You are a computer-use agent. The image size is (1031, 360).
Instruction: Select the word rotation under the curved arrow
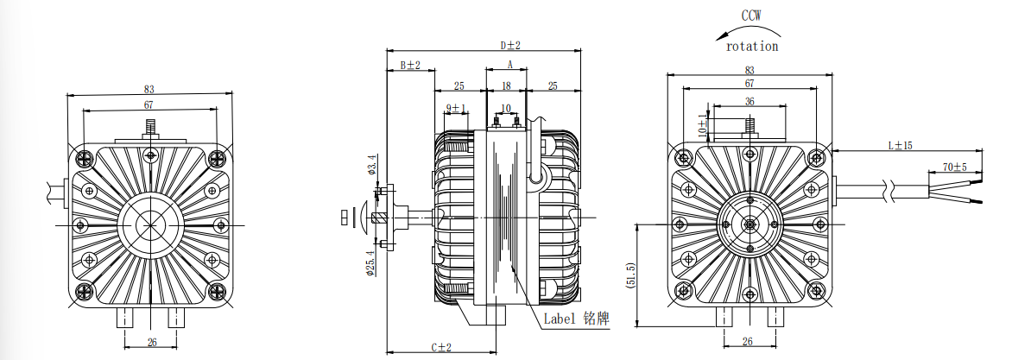click(x=752, y=46)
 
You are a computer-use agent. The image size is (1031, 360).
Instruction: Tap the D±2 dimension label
click(x=510, y=44)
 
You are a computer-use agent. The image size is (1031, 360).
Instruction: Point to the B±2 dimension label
click(x=409, y=66)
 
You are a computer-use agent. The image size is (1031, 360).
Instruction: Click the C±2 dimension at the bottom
click(x=441, y=347)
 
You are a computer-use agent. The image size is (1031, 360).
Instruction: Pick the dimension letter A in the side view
click(x=509, y=65)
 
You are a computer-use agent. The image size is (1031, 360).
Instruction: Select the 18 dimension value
click(x=507, y=85)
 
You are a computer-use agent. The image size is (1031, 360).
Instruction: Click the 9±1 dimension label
click(x=456, y=108)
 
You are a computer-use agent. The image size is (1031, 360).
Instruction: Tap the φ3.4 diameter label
click(x=372, y=164)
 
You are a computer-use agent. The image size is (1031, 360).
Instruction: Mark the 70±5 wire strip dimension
click(x=954, y=166)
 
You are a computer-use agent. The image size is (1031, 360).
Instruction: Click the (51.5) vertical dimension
click(x=630, y=278)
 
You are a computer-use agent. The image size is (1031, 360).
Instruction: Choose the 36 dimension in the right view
click(x=749, y=101)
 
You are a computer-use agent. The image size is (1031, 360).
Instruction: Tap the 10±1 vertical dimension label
click(x=702, y=125)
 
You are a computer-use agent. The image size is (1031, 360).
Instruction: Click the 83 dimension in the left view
click(x=149, y=89)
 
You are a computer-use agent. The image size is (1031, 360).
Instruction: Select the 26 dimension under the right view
click(x=748, y=341)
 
